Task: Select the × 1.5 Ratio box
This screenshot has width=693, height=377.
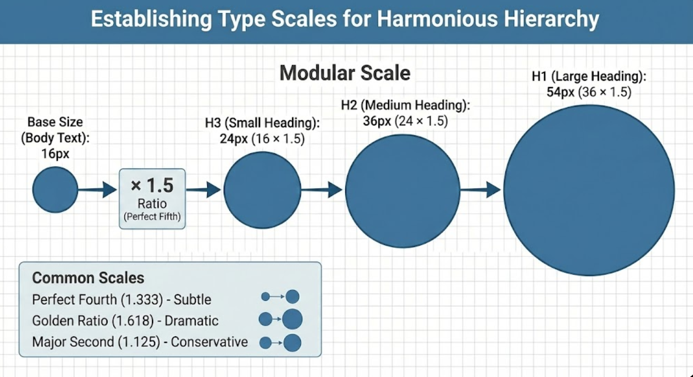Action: (x=152, y=198)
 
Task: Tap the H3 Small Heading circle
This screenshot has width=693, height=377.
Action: (x=262, y=190)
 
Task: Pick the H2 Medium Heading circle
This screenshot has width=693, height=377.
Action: (x=403, y=190)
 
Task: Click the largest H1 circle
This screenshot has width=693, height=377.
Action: (x=589, y=190)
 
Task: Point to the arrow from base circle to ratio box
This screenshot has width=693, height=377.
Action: (x=97, y=190)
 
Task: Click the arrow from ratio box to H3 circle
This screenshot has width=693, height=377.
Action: (x=204, y=190)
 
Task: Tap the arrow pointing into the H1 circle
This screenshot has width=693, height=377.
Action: (x=480, y=190)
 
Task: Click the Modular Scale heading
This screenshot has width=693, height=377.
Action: (x=345, y=73)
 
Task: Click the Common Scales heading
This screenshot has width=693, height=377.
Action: (x=88, y=278)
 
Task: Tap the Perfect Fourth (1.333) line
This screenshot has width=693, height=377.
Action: (x=121, y=300)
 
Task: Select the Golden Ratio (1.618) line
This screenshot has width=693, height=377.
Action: (x=125, y=321)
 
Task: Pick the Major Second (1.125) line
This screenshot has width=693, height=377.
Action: (x=140, y=342)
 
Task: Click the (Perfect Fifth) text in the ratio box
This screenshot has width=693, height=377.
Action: (x=152, y=217)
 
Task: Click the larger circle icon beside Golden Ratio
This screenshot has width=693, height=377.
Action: (x=292, y=320)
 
